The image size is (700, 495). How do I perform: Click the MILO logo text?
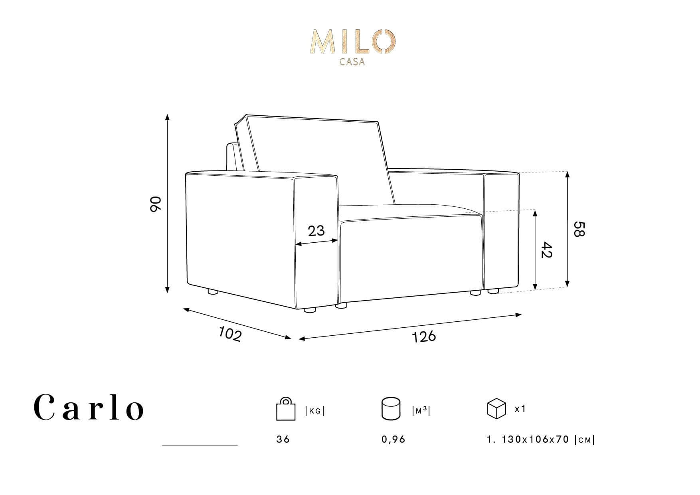[x=354, y=42]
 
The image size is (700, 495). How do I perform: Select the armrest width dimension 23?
[x=316, y=230]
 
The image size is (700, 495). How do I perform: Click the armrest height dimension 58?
[x=579, y=229]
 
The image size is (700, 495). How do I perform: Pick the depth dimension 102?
[x=230, y=334]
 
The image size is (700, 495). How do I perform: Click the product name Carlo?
[x=89, y=408]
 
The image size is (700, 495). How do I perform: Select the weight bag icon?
[x=286, y=409]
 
